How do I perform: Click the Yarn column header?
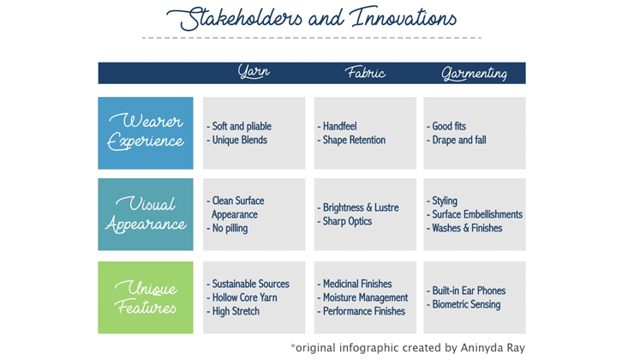point(254,72)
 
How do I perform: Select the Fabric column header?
point(365,73)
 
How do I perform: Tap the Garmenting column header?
point(475,74)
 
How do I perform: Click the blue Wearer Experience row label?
point(146,133)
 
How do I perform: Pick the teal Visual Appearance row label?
point(146,214)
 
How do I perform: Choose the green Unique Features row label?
point(146,297)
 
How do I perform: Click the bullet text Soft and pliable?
point(242,126)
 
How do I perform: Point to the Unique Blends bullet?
point(240,140)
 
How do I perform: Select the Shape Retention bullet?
point(354,140)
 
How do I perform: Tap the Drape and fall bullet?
point(459,140)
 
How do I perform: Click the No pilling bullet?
point(230,228)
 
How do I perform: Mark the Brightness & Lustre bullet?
point(361,207)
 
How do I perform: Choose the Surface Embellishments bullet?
point(477,214)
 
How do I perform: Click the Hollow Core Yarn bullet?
point(244,297)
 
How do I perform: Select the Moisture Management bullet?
point(365,297)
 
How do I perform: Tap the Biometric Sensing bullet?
point(466,304)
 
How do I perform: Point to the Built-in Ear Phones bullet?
point(469,291)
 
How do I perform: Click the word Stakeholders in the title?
point(234,19)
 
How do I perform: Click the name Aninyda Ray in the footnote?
point(493,348)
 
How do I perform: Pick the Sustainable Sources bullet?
point(251,284)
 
